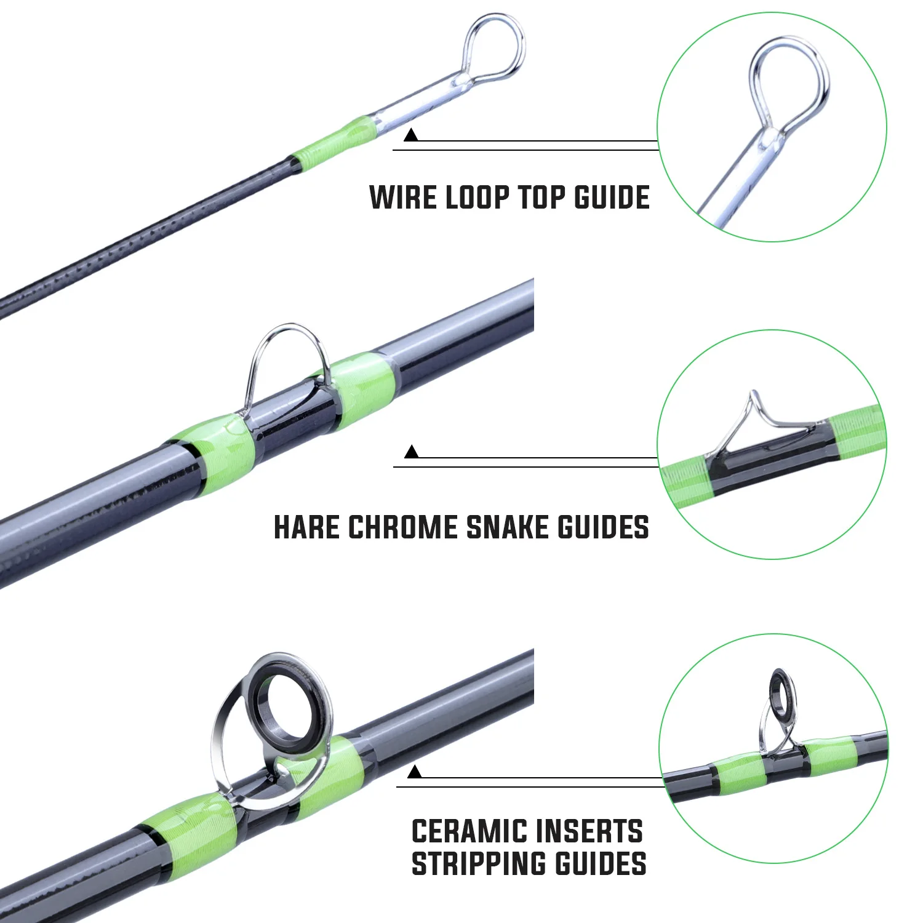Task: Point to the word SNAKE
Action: click(x=508, y=528)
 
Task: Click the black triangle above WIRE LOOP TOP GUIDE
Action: click(x=411, y=135)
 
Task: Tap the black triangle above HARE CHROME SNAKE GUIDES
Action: click(x=412, y=452)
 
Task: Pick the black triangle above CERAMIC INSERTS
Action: click(x=415, y=771)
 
